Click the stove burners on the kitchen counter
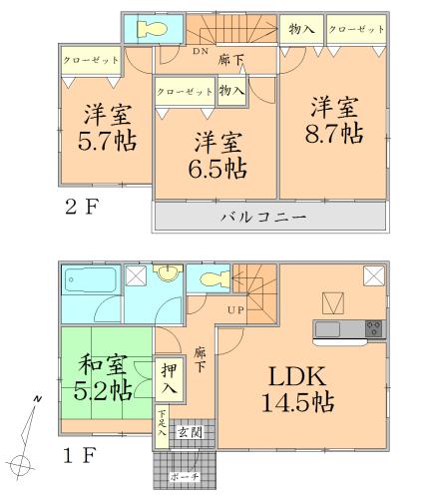pyautogui.click(x=374, y=327)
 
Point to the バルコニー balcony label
pyautogui.click(x=263, y=217)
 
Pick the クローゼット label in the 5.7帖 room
pyautogui.click(x=88, y=60)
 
